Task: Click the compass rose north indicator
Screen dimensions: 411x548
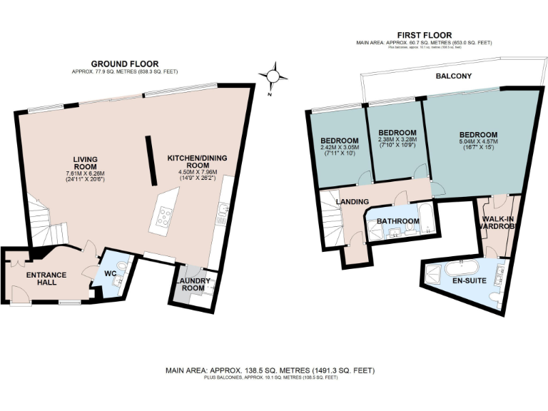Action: point(274,75)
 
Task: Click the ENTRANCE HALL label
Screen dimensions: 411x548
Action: point(46,279)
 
